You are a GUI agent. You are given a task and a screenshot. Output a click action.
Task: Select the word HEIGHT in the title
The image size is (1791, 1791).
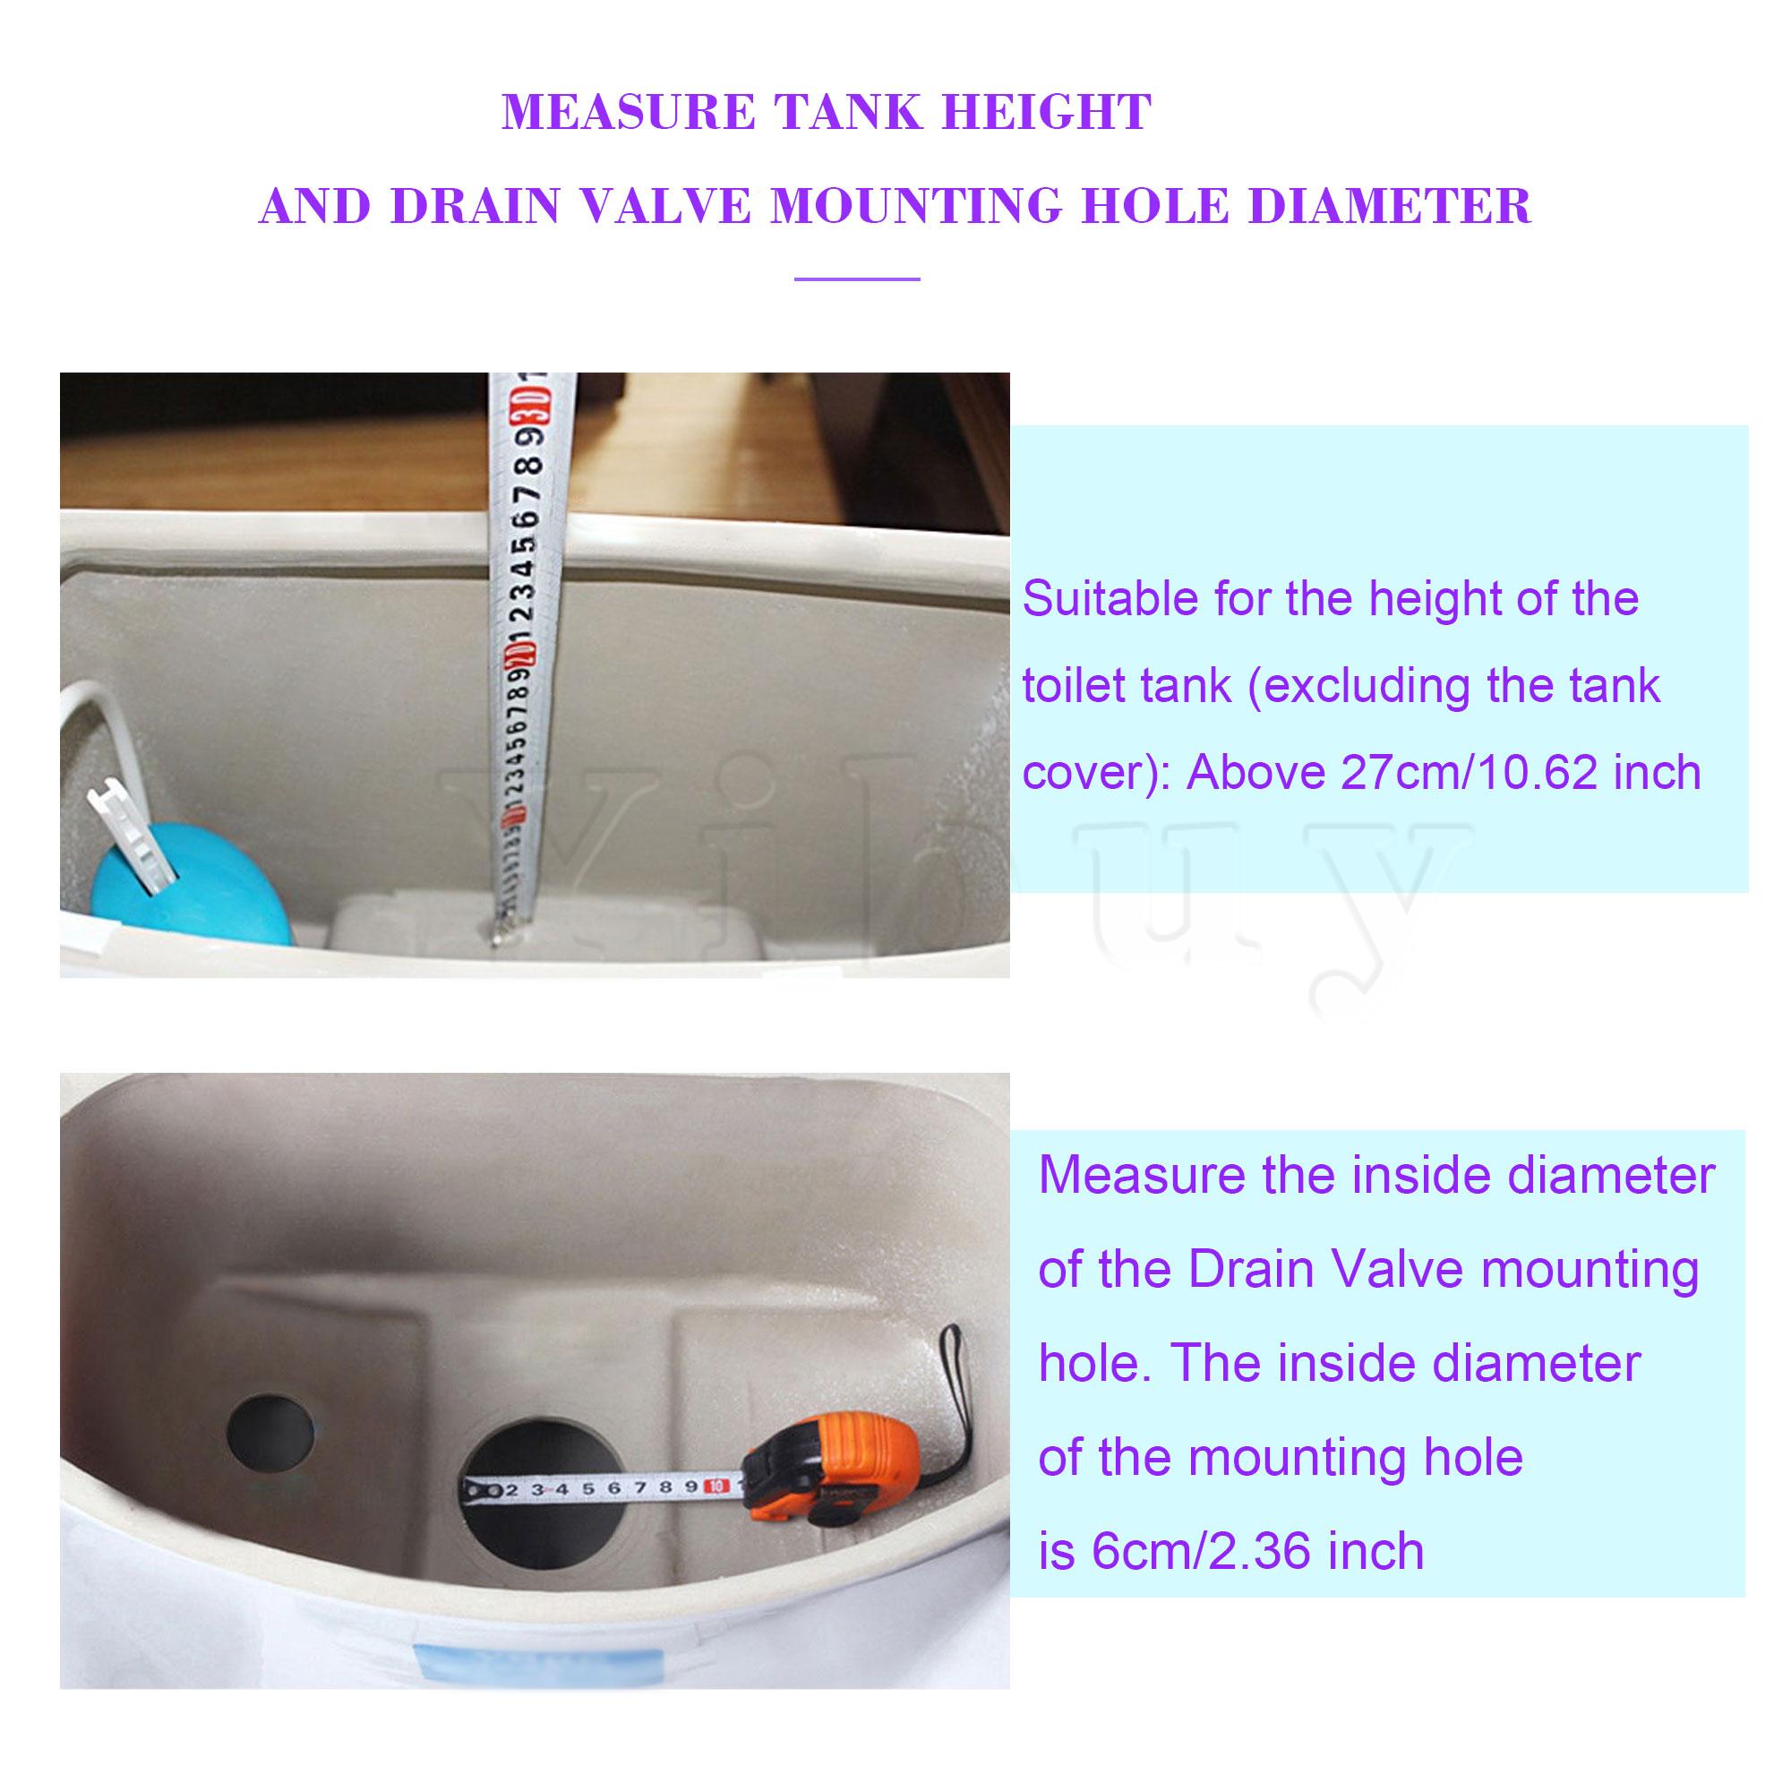pos(1047,112)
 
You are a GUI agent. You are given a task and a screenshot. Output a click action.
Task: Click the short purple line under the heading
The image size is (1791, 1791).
pos(857,279)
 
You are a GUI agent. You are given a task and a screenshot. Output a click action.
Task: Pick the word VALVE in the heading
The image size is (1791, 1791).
pos(667,206)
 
